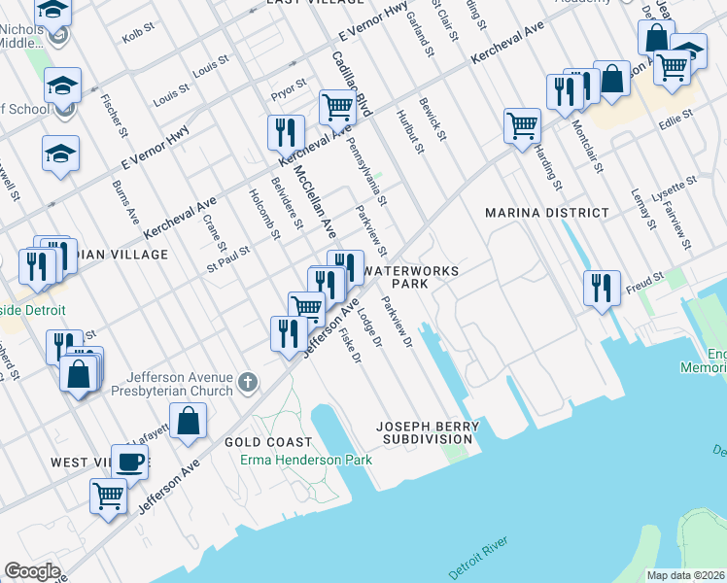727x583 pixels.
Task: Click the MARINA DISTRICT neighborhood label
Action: pos(546,213)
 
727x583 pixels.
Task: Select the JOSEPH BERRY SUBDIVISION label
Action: pos(428,432)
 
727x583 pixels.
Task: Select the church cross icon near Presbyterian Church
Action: pos(248,381)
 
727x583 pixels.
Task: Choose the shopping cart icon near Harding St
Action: pos(522,124)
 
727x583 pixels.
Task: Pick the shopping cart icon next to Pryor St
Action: pos(336,106)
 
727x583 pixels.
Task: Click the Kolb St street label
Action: pos(133,37)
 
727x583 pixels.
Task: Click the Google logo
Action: pos(32,571)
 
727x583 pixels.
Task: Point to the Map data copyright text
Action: pos(685,575)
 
